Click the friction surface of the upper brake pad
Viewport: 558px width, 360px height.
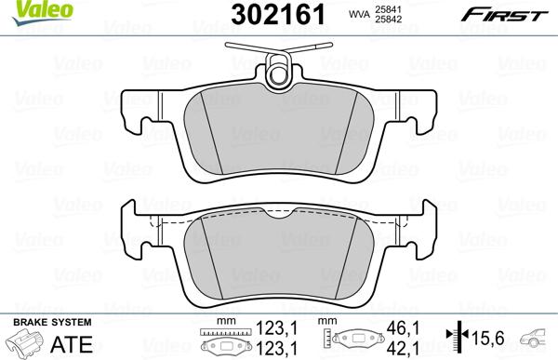[279, 130]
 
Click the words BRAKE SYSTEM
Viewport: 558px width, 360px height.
[41, 321]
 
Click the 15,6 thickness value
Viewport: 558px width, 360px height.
[491, 338]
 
